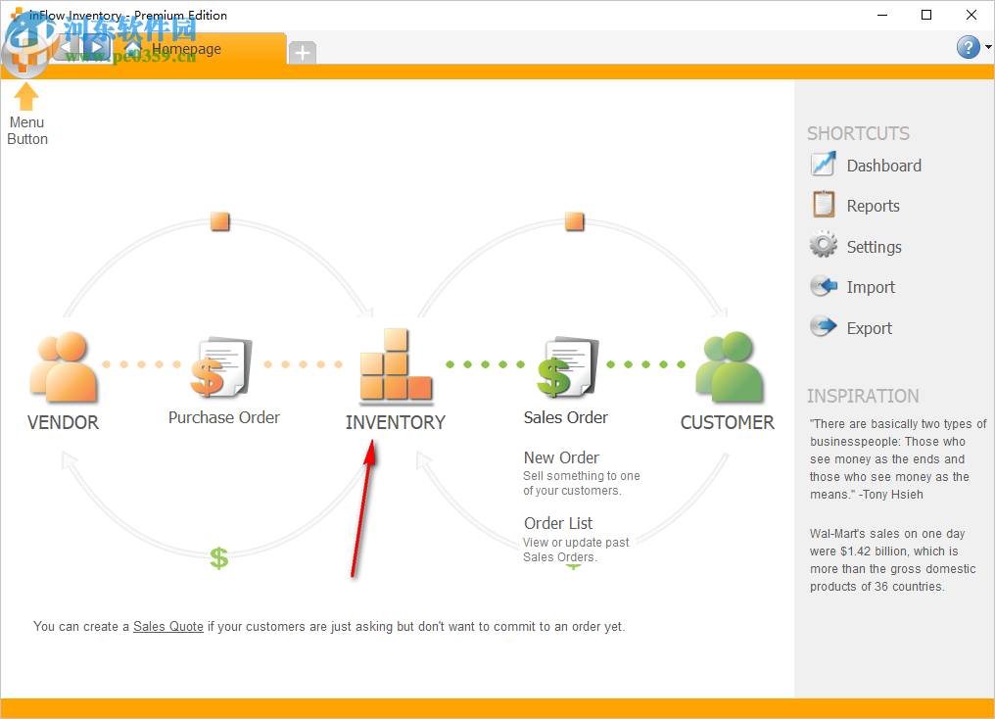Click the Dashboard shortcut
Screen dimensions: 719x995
pos(883,166)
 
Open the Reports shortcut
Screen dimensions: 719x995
pos(873,206)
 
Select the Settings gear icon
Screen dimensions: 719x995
pos(824,245)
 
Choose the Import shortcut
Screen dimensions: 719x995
pos(871,287)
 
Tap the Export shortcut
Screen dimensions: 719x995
pos(869,328)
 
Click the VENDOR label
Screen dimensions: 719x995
pos(64,423)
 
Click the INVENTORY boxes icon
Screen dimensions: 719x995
pos(396,366)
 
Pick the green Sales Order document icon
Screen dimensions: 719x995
pos(566,366)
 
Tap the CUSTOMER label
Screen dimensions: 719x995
pos(727,423)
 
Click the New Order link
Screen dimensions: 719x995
pos(561,457)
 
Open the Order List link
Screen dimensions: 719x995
pos(558,523)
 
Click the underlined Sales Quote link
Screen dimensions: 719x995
pos(168,626)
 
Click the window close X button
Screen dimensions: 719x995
pos(971,15)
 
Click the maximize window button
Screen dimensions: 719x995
pos(926,15)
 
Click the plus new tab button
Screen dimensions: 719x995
pos(303,53)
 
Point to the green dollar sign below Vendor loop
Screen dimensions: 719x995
pos(219,558)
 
